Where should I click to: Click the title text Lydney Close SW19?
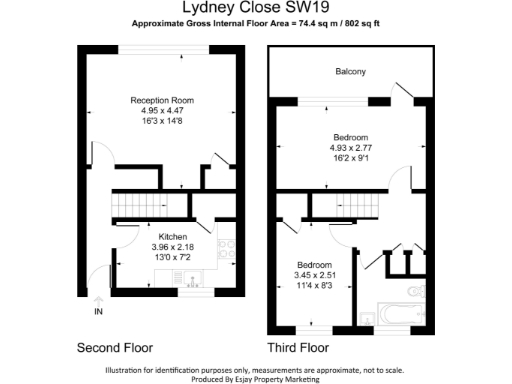click(x=256, y=8)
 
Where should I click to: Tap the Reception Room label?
click(x=161, y=100)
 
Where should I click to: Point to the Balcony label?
click(x=350, y=71)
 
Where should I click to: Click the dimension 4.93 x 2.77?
click(x=350, y=148)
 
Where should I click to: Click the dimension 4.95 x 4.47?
click(x=161, y=110)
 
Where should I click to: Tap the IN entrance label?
click(x=98, y=313)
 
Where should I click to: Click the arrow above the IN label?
click(x=98, y=299)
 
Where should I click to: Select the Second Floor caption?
click(x=115, y=349)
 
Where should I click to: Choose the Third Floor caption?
click(x=298, y=349)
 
